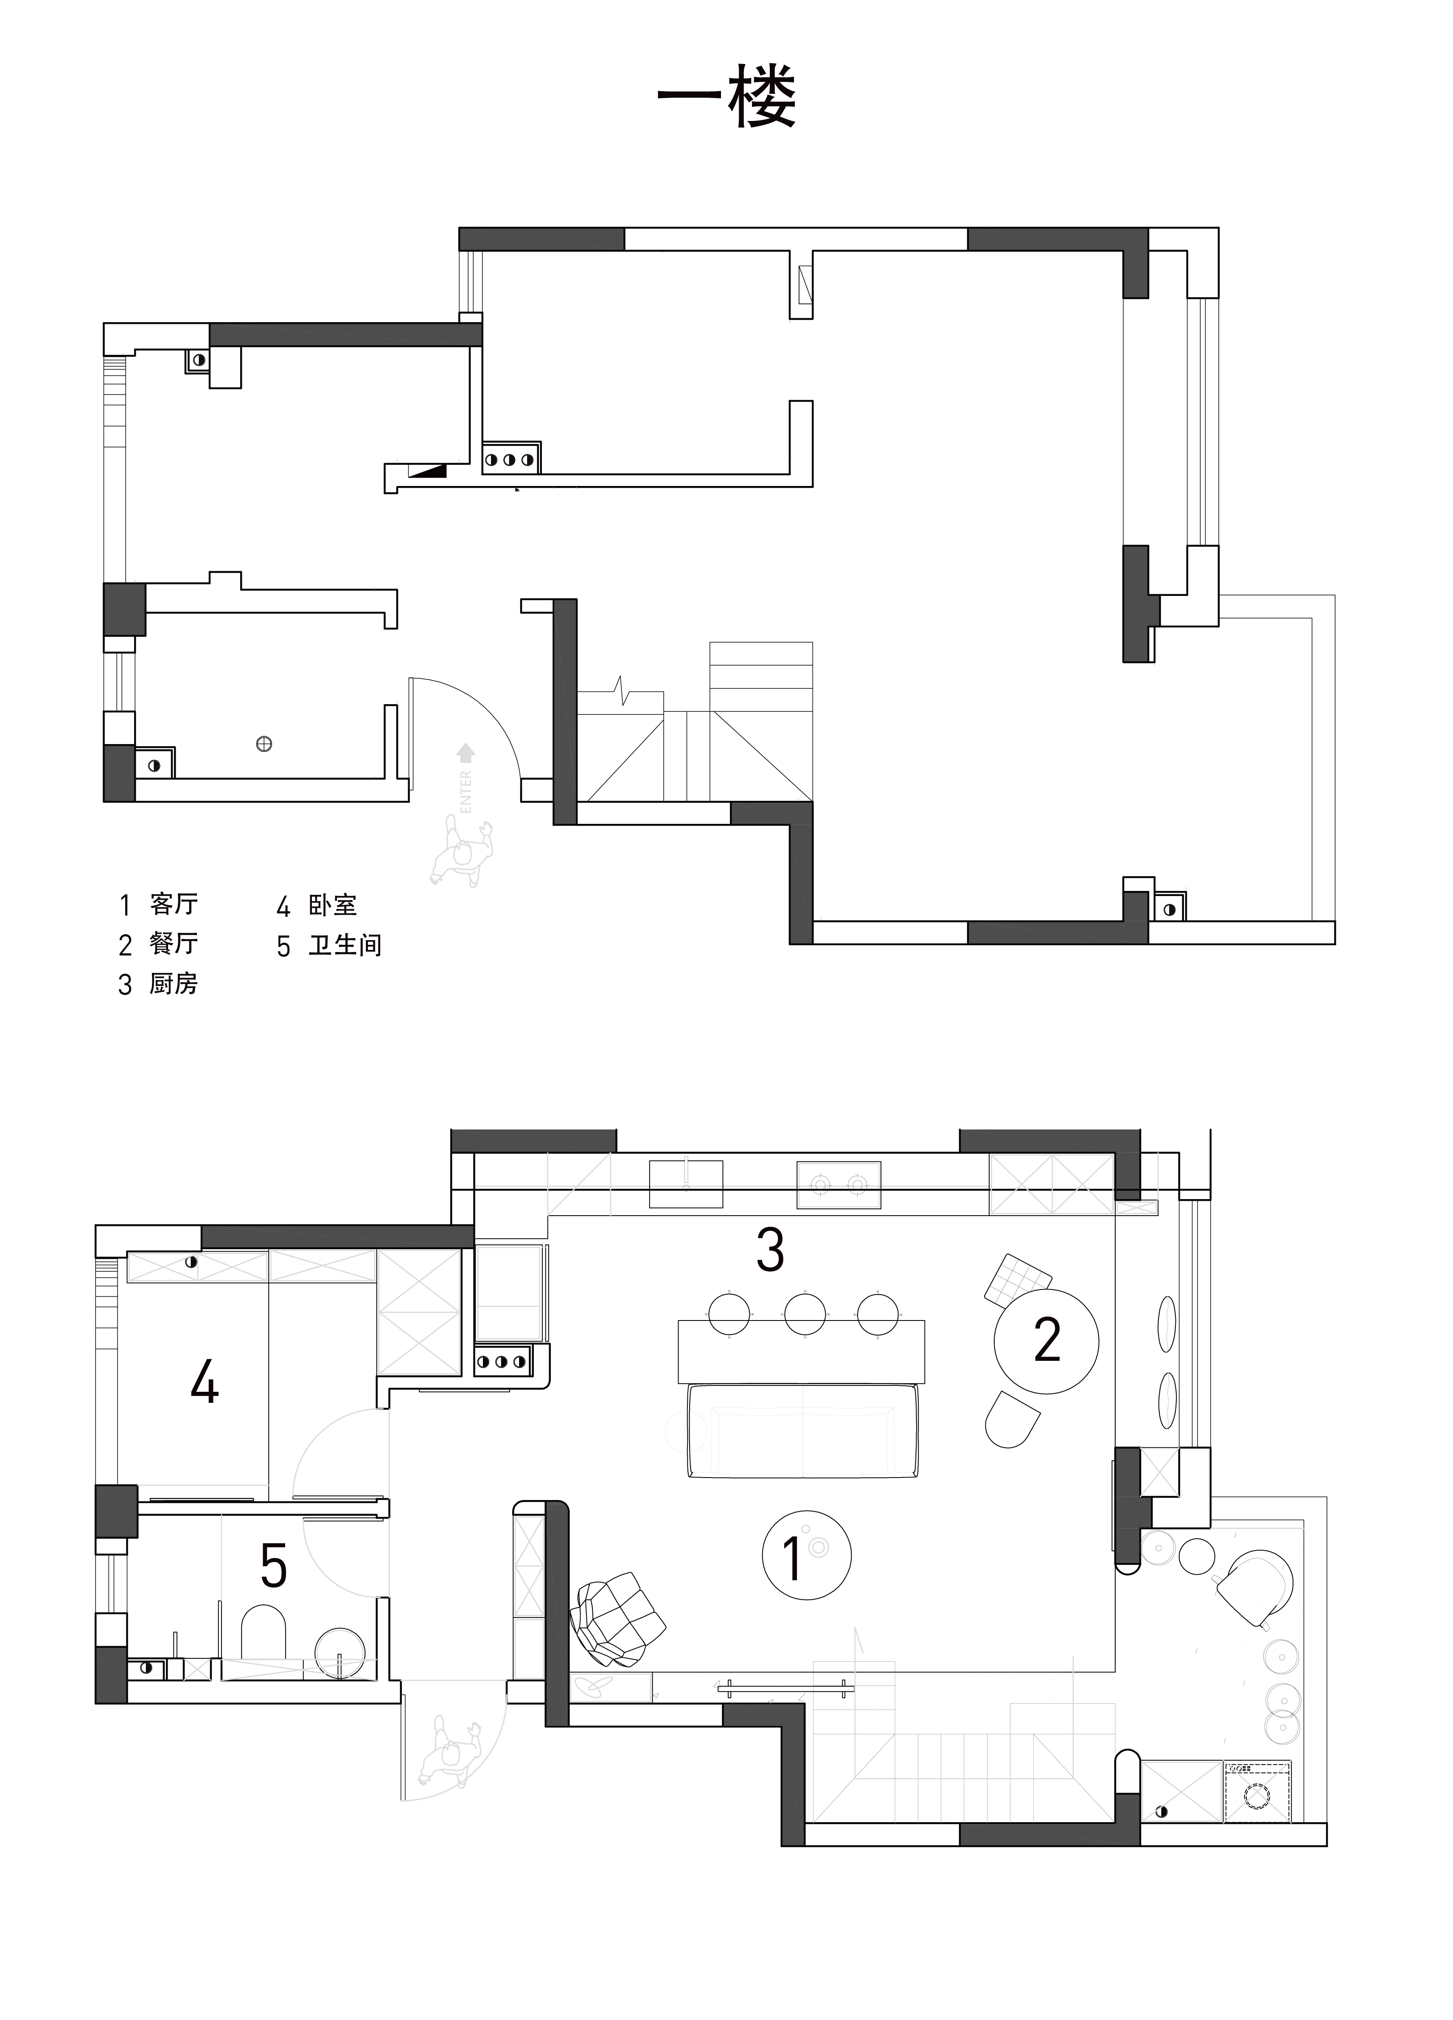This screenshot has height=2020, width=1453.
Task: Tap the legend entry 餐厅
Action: (174, 944)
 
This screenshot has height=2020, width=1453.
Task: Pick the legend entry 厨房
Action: (174, 984)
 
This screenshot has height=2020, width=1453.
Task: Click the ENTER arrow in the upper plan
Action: (465, 753)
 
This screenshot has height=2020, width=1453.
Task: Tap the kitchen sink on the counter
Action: (685, 1185)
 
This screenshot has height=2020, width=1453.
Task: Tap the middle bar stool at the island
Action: (804, 1315)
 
